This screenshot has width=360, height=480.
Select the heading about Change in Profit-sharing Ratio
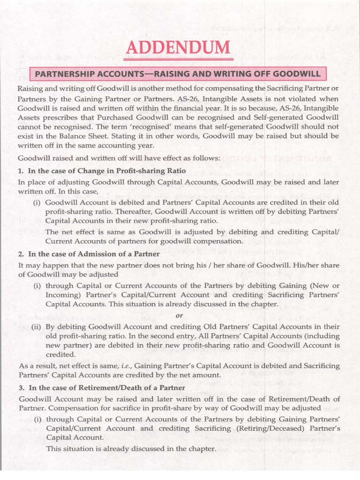(102, 170)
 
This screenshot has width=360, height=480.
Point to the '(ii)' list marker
(37, 327)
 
